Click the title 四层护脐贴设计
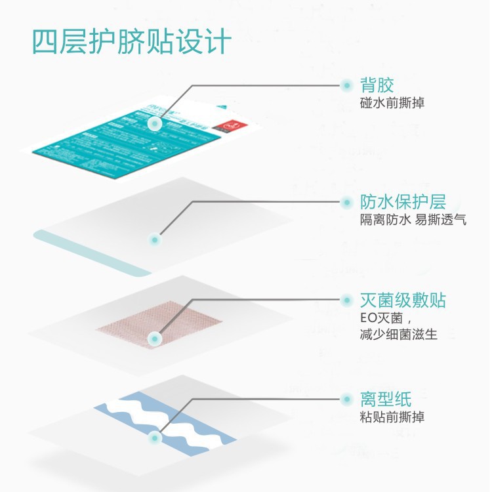[x=131, y=42]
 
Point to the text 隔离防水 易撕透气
[x=413, y=220]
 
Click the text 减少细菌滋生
[x=399, y=335]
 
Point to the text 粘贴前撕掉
[x=392, y=417]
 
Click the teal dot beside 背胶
[x=346, y=85]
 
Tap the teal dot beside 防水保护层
[x=346, y=202]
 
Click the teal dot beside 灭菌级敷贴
[x=346, y=300]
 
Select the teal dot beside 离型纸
[x=346, y=398]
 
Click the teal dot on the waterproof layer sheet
[x=155, y=240]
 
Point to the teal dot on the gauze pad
[x=155, y=338]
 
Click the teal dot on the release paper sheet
[x=155, y=437]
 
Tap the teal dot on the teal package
[x=155, y=123]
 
